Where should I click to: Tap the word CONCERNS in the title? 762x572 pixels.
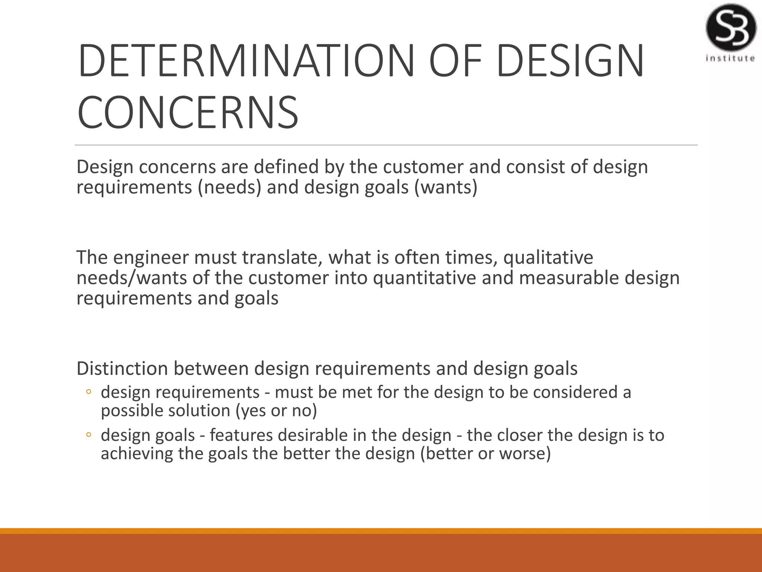(188, 112)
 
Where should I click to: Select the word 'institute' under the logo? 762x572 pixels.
(730, 58)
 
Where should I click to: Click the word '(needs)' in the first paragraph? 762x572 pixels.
(230, 187)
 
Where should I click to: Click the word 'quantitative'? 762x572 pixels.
(424, 278)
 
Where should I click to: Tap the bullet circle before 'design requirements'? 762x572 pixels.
(89, 392)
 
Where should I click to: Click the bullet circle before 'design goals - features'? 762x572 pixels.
(89, 435)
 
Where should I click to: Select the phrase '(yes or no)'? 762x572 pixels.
(276, 411)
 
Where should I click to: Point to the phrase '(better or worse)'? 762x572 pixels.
(485, 454)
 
